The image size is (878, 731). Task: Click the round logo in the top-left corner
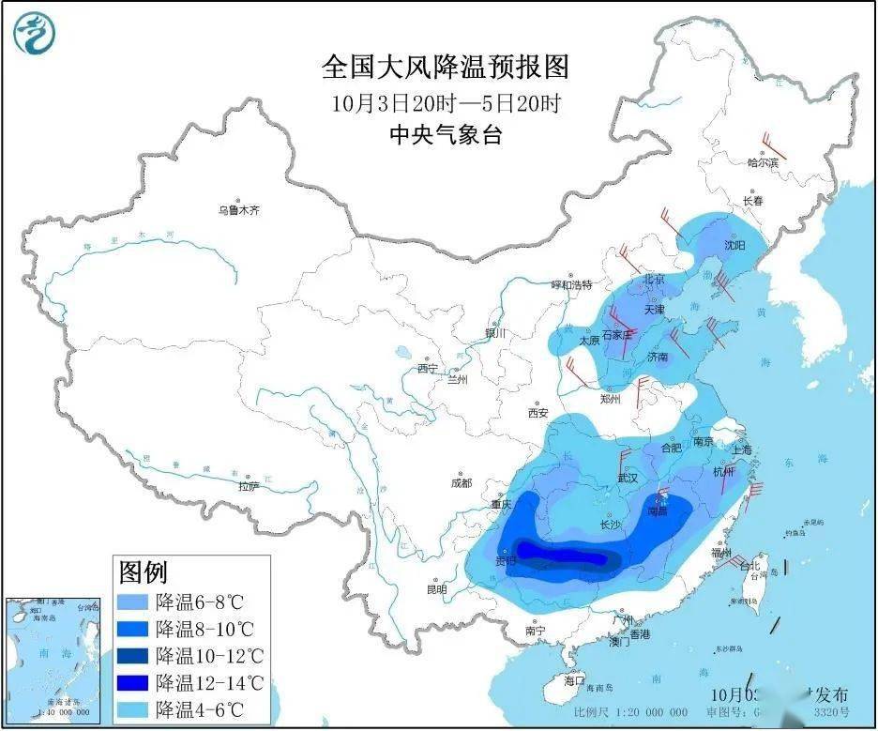tap(35, 34)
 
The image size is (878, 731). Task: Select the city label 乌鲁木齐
tap(238, 211)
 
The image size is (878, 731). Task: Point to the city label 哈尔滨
tap(762, 162)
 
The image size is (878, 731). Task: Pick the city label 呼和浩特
tap(571, 284)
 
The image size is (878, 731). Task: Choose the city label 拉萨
tap(248, 486)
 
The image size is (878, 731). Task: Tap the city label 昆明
tap(436, 589)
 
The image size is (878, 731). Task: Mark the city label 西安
tap(537, 412)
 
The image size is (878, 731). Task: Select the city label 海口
tap(575, 680)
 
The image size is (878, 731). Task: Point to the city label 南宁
tap(536, 632)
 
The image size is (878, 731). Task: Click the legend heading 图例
tap(143, 571)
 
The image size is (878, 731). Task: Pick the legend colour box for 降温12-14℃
tap(133, 680)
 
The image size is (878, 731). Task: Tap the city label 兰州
tap(457, 379)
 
